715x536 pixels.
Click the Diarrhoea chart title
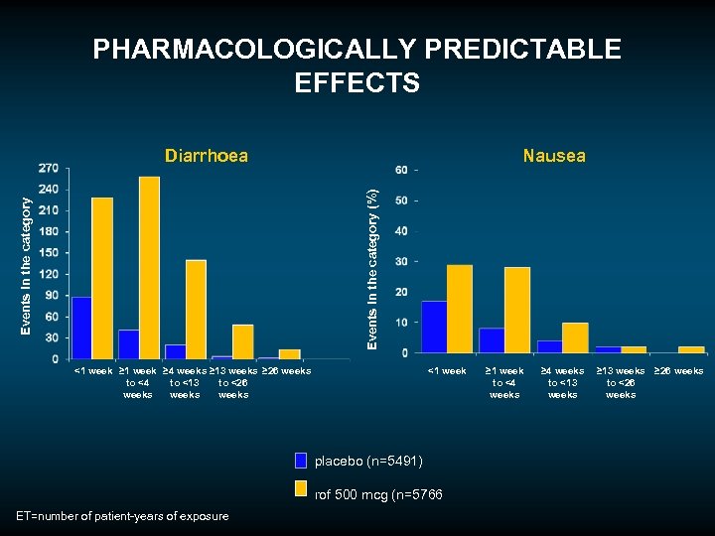(206, 156)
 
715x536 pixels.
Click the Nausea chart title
(554, 156)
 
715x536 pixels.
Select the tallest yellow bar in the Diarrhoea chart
(149, 267)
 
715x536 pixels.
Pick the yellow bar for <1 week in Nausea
(460, 309)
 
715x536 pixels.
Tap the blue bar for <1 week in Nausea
(434, 327)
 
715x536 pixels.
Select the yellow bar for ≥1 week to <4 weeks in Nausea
(517, 310)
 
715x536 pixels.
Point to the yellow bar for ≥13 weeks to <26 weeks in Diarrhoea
(242, 340)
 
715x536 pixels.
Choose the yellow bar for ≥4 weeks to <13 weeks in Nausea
(575, 337)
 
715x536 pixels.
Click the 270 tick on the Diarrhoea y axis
(48, 168)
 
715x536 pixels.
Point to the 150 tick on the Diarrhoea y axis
(48, 252)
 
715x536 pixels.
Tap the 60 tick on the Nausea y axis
(401, 170)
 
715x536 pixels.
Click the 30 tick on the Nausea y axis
(401, 261)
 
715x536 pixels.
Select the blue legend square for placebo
(301, 461)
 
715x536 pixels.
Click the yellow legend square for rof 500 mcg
(301, 488)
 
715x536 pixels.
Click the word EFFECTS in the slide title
(357, 82)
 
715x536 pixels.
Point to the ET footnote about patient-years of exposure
(122, 515)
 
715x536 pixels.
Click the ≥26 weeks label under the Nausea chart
(678, 371)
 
